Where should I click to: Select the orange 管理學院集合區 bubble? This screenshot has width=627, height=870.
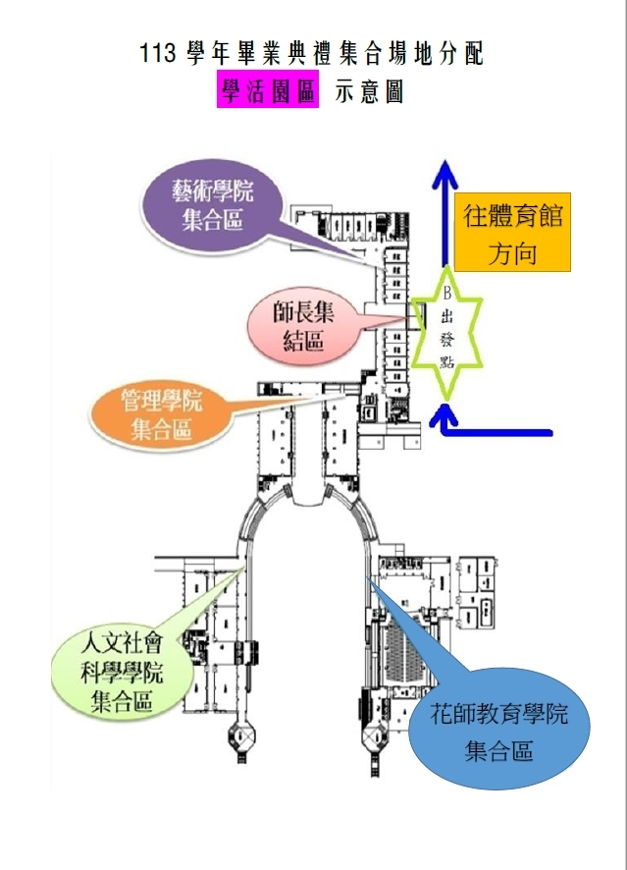tap(157, 414)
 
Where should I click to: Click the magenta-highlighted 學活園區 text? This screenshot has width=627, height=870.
tap(267, 91)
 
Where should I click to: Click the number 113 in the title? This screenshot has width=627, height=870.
tap(157, 54)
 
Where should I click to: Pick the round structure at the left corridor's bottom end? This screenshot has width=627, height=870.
tap(241, 735)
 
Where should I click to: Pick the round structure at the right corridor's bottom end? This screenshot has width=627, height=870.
tap(375, 735)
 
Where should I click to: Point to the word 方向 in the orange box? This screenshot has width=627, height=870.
tap(512, 253)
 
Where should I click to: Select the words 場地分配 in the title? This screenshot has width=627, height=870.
tap(432, 54)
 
